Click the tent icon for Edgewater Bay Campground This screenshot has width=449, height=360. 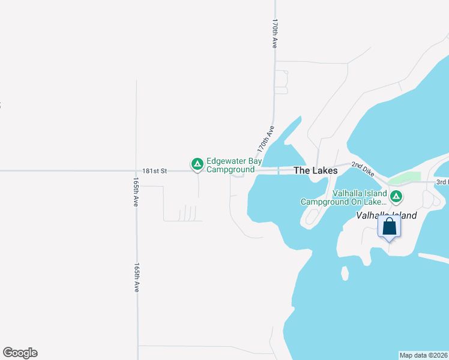pos(197,163)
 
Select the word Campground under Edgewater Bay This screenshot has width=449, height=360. pos(231,170)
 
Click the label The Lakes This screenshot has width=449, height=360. pos(315,170)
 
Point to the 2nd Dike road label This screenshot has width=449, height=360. pos(363,168)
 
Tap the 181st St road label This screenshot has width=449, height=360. pos(155,171)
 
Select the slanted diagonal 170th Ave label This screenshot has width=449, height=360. pos(265,139)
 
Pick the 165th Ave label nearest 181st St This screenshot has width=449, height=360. pos(137,192)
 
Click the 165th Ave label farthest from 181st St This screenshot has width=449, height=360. pos(137,277)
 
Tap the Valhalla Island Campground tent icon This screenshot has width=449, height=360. pos(396,196)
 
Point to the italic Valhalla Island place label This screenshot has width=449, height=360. pos(387,215)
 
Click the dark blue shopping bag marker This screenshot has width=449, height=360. pos(390,227)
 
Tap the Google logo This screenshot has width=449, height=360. pos(20,353)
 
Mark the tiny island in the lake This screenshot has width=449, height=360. pos(345,274)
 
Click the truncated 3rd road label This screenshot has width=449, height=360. pos(442,182)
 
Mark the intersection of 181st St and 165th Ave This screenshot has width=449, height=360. pos(137,171)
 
